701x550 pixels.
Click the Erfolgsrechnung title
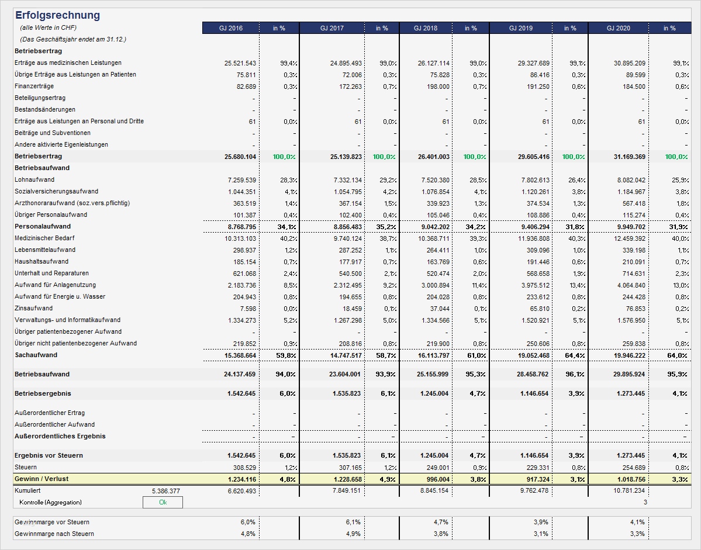point(57,15)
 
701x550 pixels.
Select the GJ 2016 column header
point(230,28)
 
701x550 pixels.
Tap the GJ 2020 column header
point(618,28)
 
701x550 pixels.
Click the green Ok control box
point(163,502)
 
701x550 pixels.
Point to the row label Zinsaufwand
point(33,308)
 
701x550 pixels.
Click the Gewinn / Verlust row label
point(42,479)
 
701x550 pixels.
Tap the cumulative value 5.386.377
point(165,491)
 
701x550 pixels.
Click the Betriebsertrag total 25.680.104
point(240,157)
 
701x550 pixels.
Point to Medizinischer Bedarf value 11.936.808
point(530,238)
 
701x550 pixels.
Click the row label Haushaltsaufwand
point(41,261)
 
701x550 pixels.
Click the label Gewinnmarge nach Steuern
point(54,534)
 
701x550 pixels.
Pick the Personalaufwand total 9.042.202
point(430,227)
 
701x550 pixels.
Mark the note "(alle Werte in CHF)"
point(48,27)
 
